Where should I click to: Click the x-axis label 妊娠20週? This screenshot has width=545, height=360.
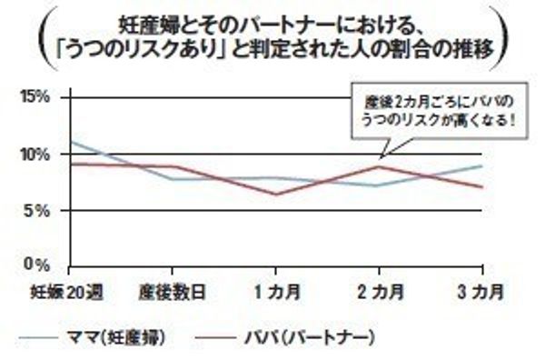coord(62,292)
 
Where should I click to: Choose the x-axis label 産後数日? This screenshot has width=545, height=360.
coord(171,292)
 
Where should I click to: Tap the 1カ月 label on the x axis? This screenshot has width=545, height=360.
coord(277,292)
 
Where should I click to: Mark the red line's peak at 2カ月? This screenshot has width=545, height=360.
coord(381,166)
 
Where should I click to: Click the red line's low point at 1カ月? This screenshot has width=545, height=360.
coord(276,194)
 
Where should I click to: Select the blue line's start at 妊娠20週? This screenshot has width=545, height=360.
coord(70,141)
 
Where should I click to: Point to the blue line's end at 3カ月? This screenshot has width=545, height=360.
coord(482,165)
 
